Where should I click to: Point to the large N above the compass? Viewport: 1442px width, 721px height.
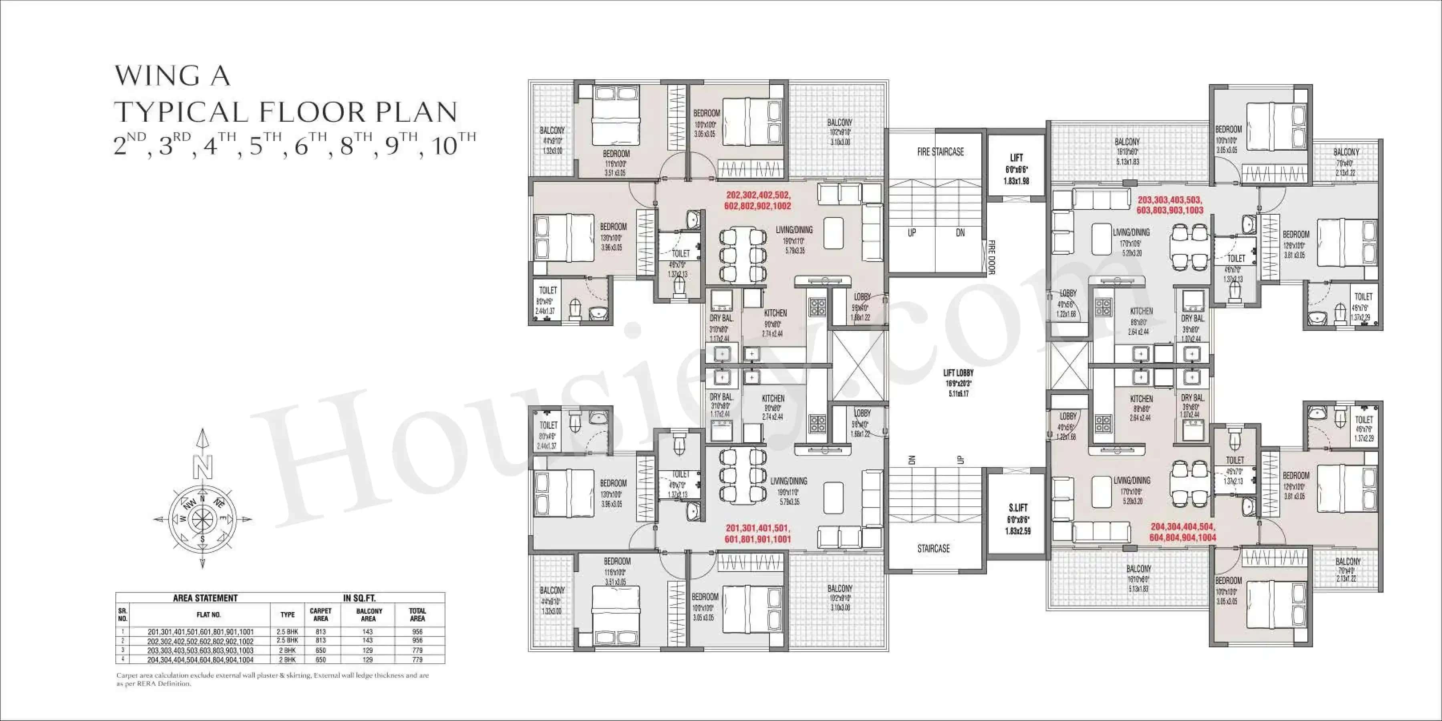(x=203, y=465)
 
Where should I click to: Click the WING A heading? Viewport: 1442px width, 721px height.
(x=172, y=76)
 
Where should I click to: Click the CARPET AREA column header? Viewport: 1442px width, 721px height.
(x=321, y=614)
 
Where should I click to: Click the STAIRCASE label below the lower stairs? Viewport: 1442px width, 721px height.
(x=933, y=549)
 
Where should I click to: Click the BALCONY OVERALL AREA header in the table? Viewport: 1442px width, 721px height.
(x=369, y=614)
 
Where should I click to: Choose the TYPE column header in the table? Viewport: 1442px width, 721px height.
(x=287, y=614)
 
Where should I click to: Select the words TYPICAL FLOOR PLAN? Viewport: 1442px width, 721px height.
(x=286, y=112)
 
